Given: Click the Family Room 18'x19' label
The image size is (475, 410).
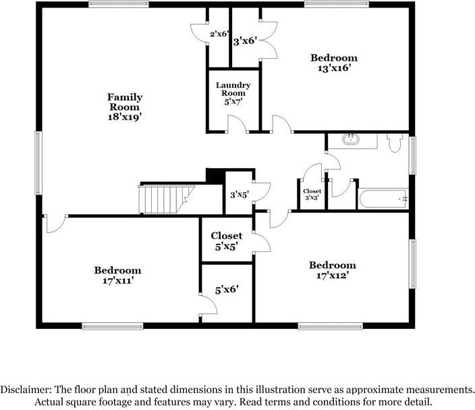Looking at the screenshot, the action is (125, 107).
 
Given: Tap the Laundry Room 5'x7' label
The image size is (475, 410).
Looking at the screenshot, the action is (233, 93).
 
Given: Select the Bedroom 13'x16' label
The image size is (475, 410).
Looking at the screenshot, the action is (334, 62).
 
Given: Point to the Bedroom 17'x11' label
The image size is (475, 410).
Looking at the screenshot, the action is (118, 276).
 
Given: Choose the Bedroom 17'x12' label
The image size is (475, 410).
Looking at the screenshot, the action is (333, 270).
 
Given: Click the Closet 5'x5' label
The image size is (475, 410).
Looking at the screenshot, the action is (226, 241).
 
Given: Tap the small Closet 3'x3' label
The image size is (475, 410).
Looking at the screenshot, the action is (312, 195).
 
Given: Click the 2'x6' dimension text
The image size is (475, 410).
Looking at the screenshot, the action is (219, 34).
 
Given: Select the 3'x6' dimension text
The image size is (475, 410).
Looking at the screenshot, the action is (245, 41).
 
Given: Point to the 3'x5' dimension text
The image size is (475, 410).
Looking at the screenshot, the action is (240, 195).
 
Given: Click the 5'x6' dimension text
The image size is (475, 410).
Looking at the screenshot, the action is (227, 290).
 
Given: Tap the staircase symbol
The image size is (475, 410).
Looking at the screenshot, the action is (166, 199).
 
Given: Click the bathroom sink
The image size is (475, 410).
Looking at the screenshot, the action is (351, 139).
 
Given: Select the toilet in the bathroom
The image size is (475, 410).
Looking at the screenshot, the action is (394, 143).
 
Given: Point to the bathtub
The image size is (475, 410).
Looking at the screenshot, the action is (383, 199).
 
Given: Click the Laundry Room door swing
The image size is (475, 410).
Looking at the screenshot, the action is (237, 124).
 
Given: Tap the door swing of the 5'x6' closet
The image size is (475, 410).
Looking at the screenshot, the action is (208, 305).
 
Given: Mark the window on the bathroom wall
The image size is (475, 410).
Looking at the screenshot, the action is (412, 155).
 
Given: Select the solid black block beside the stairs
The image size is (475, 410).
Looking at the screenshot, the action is (216, 176).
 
